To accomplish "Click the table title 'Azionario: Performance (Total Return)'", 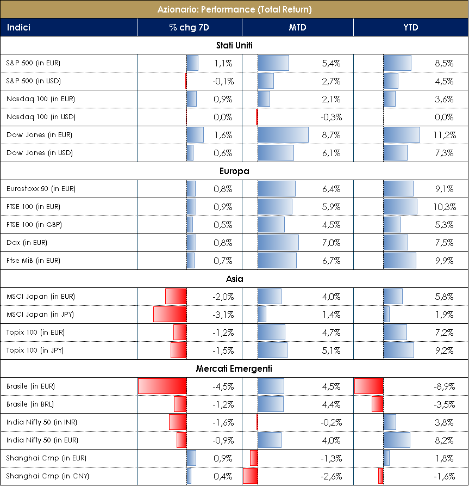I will [234, 9].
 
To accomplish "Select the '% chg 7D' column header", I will [189, 27].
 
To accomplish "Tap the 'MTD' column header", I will [297, 27].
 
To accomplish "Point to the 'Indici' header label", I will [18, 27].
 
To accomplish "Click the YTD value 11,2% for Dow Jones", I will [443, 135].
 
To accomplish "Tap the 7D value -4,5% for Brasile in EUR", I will [223, 386].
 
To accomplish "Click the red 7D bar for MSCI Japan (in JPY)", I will [170, 315].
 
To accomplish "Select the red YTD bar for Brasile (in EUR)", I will [369, 386].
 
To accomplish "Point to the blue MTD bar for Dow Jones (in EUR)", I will [283, 135].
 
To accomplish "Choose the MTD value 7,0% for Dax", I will [331, 243].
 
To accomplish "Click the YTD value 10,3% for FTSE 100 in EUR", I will [443, 207].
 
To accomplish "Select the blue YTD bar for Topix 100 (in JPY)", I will [398, 350].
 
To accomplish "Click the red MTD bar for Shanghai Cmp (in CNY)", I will [250, 476].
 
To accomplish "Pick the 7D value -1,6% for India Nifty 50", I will [223, 422].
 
